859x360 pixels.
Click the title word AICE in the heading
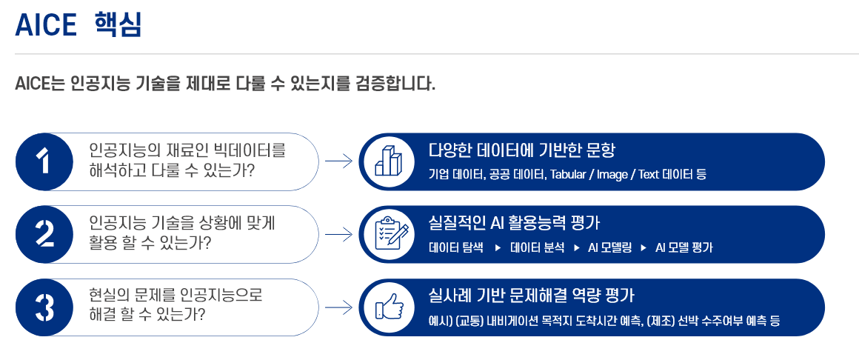pyautogui.click(x=46, y=26)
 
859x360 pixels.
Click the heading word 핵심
pyautogui.click(x=118, y=26)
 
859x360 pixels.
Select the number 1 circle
pyautogui.click(x=44, y=161)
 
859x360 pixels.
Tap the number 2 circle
pyautogui.click(x=44, y=234)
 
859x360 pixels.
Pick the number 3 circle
pyautogui.click(x=44, y=307)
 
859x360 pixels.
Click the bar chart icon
pyautogui.click(x=387, y=161)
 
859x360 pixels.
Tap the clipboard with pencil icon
pyautogui.click(x=387, y=234)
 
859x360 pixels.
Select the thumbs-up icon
pyautogui.click(x=387, y=307)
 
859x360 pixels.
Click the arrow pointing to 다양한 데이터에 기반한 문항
pyautogui.click(x=338, y=161)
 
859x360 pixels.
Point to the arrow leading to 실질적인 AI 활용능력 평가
pyautogui.click(x=338, y=234)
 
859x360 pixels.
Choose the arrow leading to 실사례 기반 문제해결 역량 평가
pyautogui.click(x=338, y=307)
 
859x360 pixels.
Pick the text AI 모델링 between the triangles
pyautogui.click(x=609, y=247)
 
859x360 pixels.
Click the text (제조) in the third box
pyautogui.click(x=660, y=321)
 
